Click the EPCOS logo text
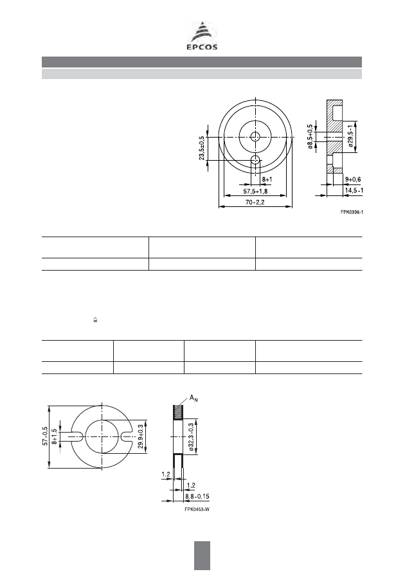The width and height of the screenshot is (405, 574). [x=202, y=47]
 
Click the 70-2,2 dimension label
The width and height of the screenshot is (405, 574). [x=255, y=202]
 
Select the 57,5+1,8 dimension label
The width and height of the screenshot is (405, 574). [x=255, y=191]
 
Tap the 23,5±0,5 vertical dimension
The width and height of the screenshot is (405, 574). [x=202, y=148]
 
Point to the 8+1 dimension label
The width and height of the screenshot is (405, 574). [x=267, y=180]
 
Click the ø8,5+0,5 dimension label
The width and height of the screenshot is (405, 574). [x=310, y=136]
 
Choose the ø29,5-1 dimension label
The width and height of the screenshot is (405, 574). [x=351, y=136]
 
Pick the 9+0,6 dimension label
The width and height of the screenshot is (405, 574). [x=353, y=179]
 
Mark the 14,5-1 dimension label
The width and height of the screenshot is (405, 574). [x=354, y=190]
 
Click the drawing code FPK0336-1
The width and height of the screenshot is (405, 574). [x=352, y=212]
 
